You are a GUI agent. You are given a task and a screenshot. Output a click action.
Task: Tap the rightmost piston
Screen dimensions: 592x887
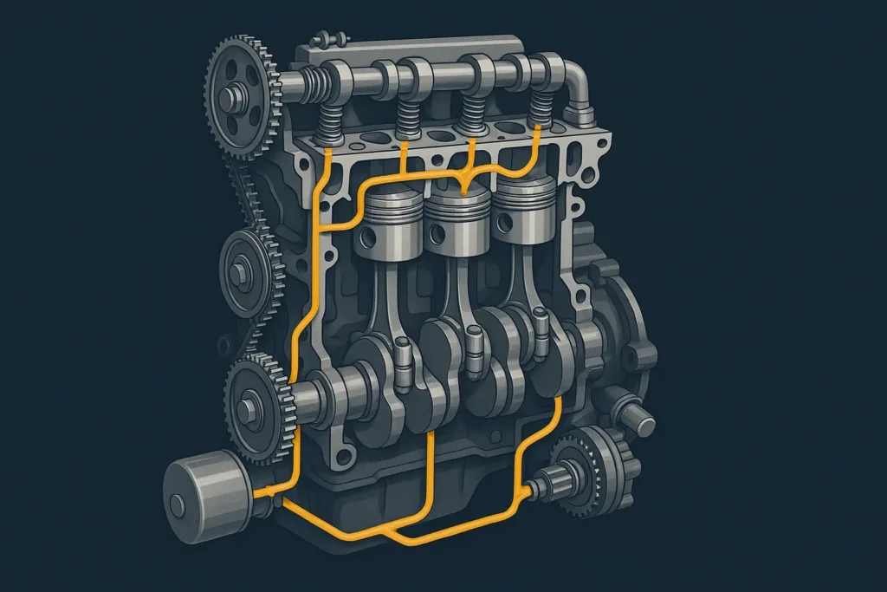click(523, 211)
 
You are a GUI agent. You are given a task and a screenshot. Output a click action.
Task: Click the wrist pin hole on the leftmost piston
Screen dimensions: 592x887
click(371, 236)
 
